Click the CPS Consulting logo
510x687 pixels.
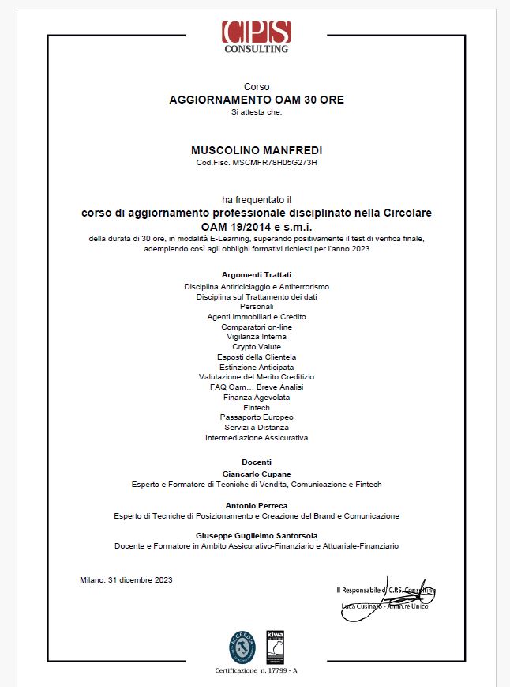256,36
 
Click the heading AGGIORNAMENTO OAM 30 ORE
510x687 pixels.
257,100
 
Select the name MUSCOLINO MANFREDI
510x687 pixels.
257,150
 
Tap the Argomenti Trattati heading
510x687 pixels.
257,274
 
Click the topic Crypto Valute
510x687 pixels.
257,347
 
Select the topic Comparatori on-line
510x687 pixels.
257,327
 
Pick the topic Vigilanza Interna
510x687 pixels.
257,337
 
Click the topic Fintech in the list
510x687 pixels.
257,407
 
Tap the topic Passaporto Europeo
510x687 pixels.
257,417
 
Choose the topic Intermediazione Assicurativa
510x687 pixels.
257,437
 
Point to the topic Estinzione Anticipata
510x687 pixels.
257,367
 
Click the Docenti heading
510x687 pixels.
257,462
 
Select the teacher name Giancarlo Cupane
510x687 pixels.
257,474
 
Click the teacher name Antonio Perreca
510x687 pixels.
257,505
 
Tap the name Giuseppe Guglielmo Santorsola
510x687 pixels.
257,536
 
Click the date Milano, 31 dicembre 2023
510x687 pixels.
126,579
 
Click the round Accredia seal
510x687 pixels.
242,647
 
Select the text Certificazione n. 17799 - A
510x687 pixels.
257,670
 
